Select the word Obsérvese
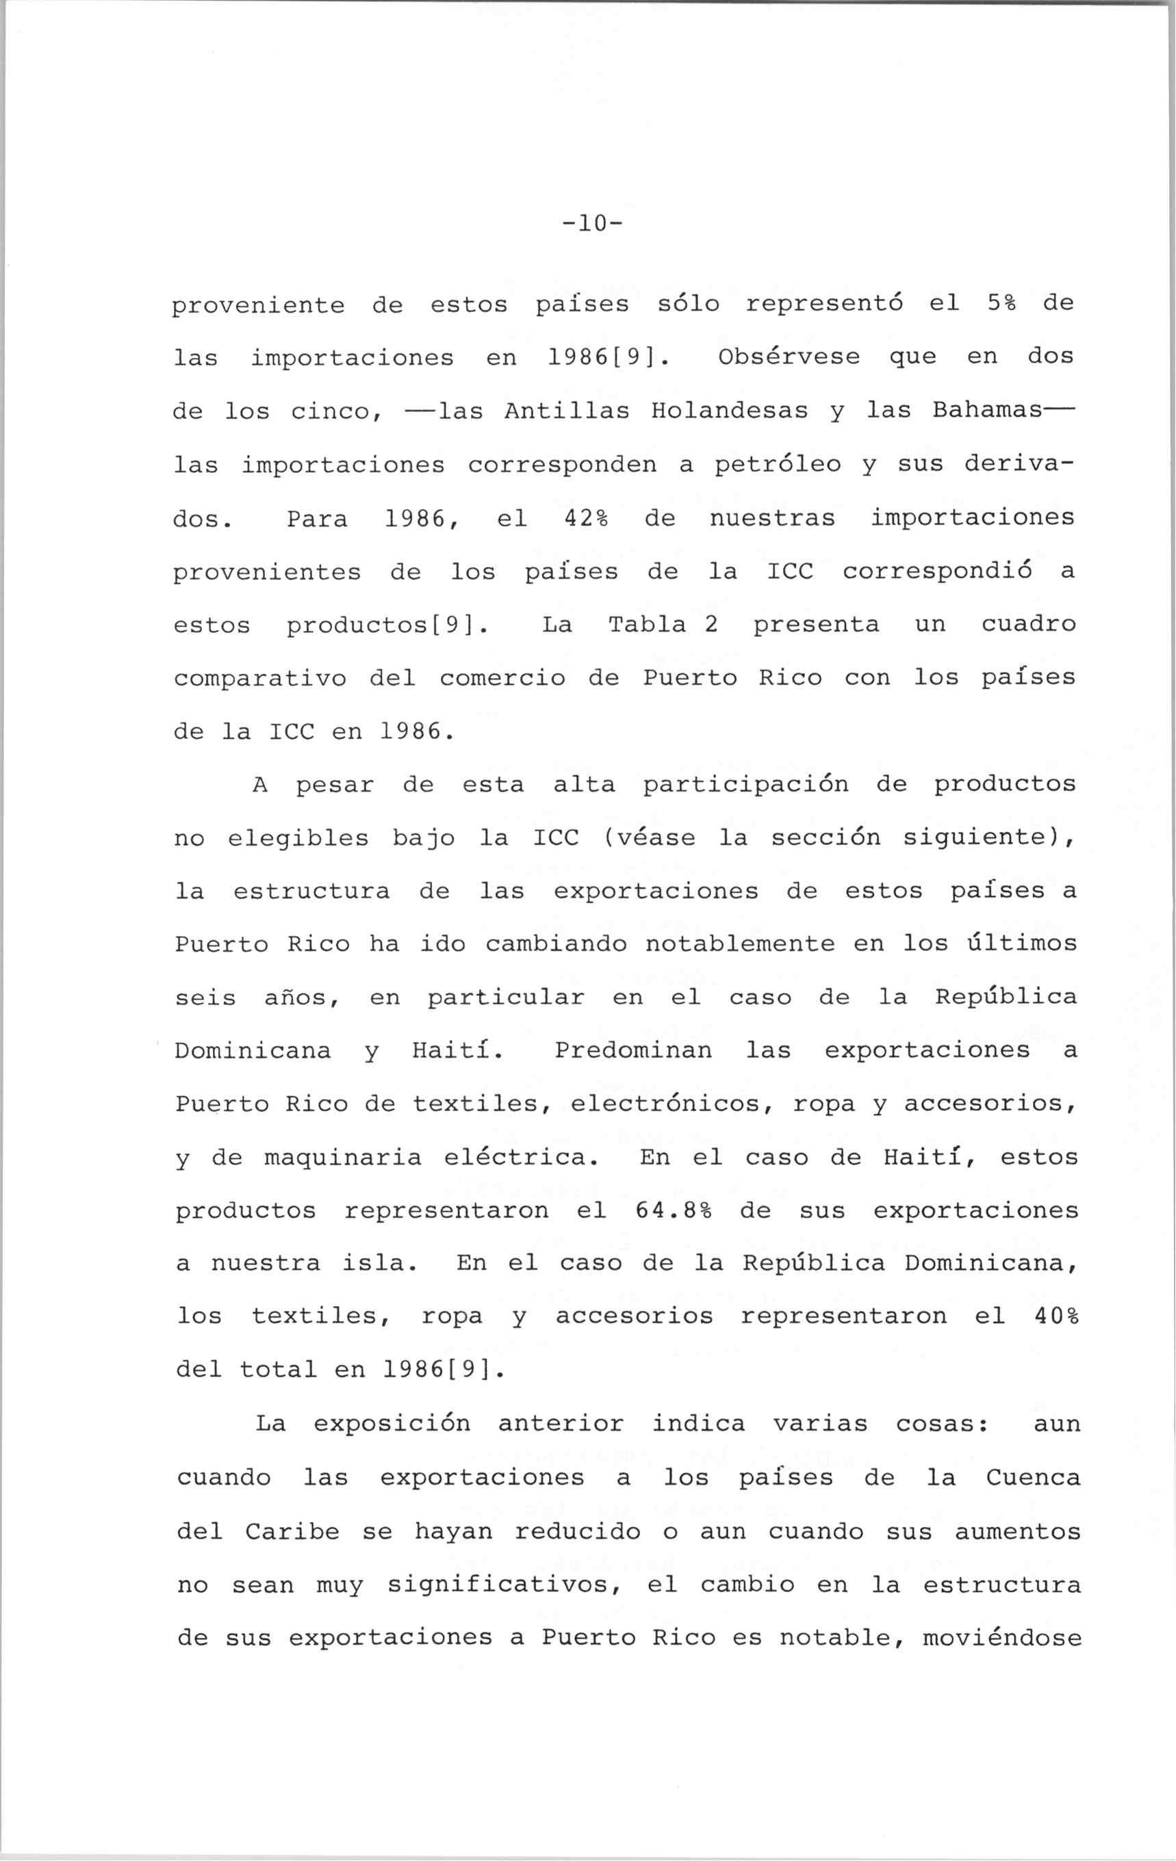pyautogui.click(x=789, y=356)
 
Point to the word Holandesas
pyautogui.click(x=729, y=411)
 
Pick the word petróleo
pyautogui.click(x=777, y=465)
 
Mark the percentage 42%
pyautogui.click(x=587, y=518)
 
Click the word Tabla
pyautogui.click(x=647, y=625)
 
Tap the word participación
pyautogui.click(x=745, y=785)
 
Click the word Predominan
pyautogui.click(x=633, y=1050)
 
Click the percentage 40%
pyautogui.click(x=1056, y=1316)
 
